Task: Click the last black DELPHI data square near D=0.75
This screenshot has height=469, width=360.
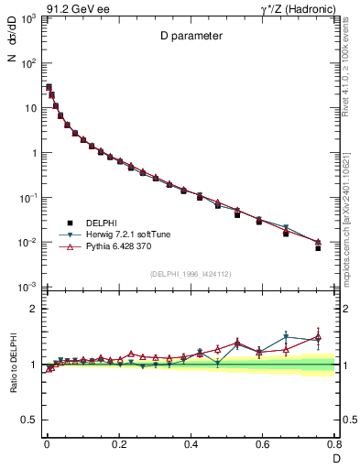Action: (318, 248)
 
